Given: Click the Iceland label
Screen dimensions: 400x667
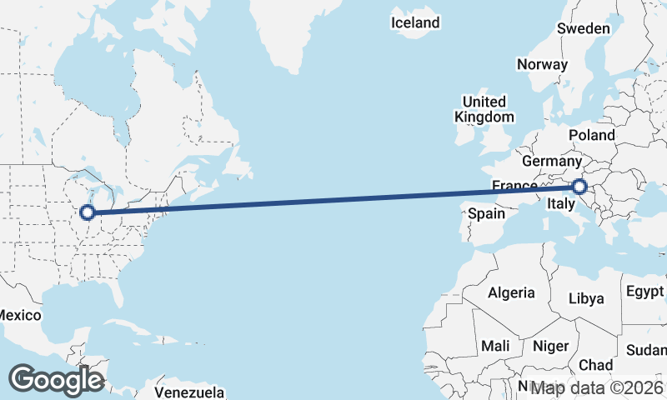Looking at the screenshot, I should coord(415,22).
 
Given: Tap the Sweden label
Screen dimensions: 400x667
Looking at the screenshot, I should coord(584,28).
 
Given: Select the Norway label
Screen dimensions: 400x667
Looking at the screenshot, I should coord(542,64).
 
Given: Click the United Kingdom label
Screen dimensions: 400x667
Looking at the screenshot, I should coord(484,109).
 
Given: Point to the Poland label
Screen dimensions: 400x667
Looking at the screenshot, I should coord(592,135).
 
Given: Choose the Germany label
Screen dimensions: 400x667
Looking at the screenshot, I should coord(551,161).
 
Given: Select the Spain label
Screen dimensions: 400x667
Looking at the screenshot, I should coord(486,213).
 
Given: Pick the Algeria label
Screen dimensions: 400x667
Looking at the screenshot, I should coord(510,292).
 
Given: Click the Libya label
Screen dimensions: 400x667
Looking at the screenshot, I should coord(585,298).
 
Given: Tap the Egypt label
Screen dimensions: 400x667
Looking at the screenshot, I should coord(646,292).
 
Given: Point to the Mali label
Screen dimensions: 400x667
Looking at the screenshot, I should coord(495,345).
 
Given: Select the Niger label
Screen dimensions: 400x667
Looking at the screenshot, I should coord(550,345).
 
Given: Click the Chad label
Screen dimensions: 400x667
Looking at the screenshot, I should coord(595,365).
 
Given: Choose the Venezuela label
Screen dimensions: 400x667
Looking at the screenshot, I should coord(189,392).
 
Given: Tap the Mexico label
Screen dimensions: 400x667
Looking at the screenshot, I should coord(18,315).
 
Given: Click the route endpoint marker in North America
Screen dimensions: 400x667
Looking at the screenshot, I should coord(87,212).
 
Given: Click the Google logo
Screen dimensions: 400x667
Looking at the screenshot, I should coord(56,379).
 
